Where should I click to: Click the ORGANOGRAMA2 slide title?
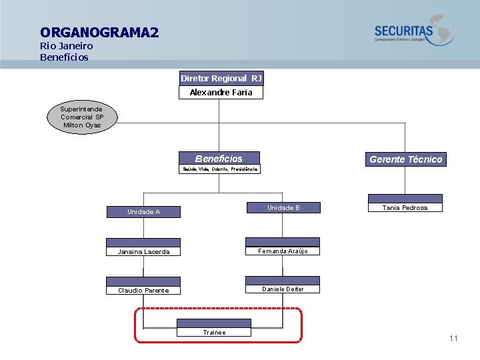[99, 32]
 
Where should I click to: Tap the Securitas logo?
[413, 31]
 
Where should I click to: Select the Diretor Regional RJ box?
[221, 79]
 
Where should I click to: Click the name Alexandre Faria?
[221, 93]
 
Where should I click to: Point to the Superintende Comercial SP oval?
[82, 117]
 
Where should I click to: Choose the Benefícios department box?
[219, 159]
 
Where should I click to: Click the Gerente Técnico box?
[405, 159]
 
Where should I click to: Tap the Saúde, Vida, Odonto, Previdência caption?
[220, 169]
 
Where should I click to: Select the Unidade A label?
[143, 212]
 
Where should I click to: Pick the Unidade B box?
[283, 208]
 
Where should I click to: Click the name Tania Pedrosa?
[405, 207]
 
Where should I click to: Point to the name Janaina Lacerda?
[143, 251]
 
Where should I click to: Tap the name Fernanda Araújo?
[283, 251]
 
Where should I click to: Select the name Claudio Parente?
[143, 290]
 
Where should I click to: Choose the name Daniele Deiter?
[283, 289]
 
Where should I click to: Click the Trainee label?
[214, 332]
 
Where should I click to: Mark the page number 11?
[453, 339]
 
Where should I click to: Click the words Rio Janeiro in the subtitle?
[66, 46]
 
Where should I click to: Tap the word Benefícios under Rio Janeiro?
[64, 57]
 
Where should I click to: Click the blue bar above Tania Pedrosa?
[405, 199]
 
